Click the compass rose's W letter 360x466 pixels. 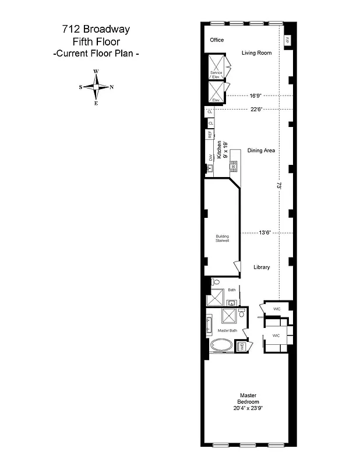point(96,72)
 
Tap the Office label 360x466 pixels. point(217,40)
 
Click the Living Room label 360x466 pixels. point(257,53)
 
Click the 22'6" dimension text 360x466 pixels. point(257,108)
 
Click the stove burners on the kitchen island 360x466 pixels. point(234,165)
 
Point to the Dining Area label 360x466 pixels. point(261,150)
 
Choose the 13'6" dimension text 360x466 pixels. point(265,232)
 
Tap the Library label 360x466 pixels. point(262,267)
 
